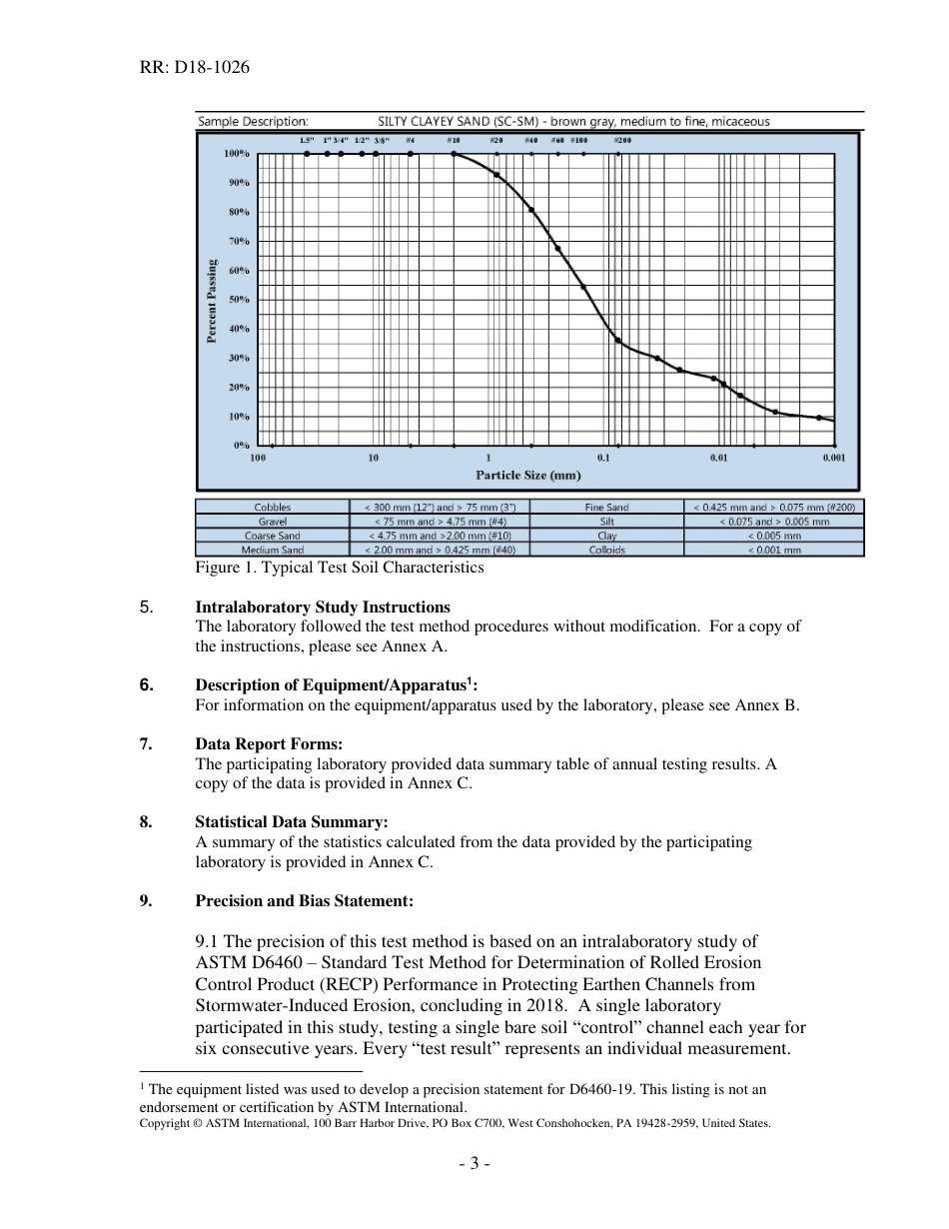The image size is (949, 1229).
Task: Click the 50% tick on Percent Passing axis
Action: (x=236, y=300)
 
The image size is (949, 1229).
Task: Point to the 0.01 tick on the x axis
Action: (x=718, y=458)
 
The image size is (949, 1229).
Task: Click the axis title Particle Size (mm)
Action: (x=527, y=476)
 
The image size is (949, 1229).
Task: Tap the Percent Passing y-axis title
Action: (x=212, y=300)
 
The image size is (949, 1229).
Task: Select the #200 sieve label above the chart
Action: (x=621, y=141)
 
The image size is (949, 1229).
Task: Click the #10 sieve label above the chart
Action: (x=453, y=141)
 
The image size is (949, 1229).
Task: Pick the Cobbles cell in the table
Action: (x=272, y=508)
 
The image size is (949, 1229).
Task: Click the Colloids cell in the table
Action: (x=606, y=550)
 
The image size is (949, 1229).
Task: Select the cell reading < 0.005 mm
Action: (x=774, y=536)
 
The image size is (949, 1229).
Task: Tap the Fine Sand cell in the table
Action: (x=606, y=508)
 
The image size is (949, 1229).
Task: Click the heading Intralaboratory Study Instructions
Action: (x=322, y=607)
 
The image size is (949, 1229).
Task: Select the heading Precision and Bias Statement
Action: (x=304, y=900)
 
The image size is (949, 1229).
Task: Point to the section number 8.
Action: (x=146, y=822)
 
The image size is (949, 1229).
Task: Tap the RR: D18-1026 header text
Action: (x=195, y=68)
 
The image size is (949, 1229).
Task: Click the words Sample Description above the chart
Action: (x=253, y=121)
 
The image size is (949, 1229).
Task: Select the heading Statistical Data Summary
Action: (x=291, y=822)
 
